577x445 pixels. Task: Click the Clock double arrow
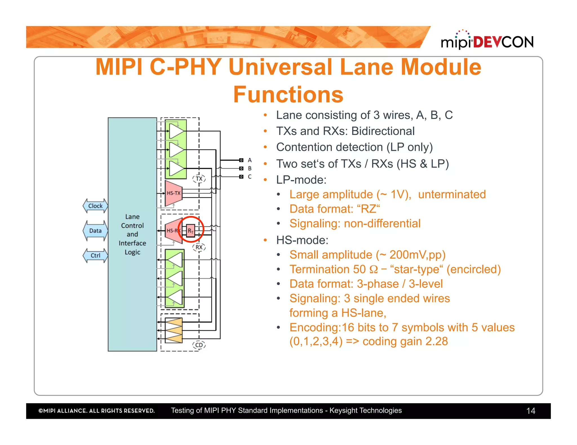coord(95,206)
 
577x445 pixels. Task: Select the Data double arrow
coord(95,231)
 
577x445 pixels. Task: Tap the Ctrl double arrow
coord(95,255)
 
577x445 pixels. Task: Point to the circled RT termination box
coord(191,231)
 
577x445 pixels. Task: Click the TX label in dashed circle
coord(199,179)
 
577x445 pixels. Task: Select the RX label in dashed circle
coord(199,247)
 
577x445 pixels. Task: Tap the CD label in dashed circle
coord(199,345)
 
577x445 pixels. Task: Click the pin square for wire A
coord(241,160)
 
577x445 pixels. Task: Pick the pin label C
coord(250,177)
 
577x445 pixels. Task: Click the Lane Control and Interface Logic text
coord(132,234)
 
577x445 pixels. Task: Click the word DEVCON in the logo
coord(503,42)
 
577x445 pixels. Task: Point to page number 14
coord(531,411)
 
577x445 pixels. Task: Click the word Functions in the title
coord(288,95)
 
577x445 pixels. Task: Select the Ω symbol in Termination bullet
coord(373,269)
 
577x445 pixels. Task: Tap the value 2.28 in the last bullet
coord(436,341)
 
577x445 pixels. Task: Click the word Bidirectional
coord(383,131)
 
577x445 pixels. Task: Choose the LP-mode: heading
coord(301,180)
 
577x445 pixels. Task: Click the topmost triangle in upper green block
coord(176,131)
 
